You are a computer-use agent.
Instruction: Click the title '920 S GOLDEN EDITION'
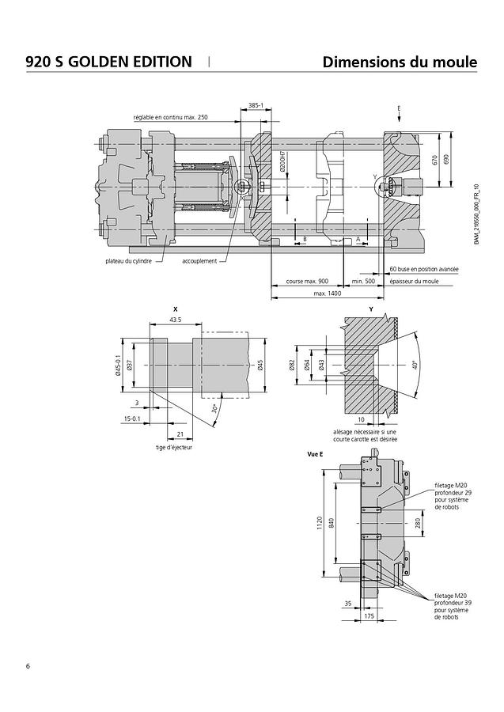108,62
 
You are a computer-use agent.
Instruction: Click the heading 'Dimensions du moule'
400,62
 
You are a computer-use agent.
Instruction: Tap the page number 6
28,665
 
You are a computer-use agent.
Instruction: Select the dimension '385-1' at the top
256,104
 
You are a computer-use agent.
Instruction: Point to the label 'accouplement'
199,260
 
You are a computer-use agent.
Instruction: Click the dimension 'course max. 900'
306,282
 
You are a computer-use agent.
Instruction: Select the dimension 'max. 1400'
327,294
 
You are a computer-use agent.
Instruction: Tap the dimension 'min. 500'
363,282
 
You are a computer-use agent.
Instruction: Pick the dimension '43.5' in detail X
175,320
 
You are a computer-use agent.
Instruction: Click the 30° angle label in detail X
214,409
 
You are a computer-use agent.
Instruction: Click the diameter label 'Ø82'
292,365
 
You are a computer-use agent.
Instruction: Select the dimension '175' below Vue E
369,614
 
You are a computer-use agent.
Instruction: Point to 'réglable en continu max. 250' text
170,117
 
